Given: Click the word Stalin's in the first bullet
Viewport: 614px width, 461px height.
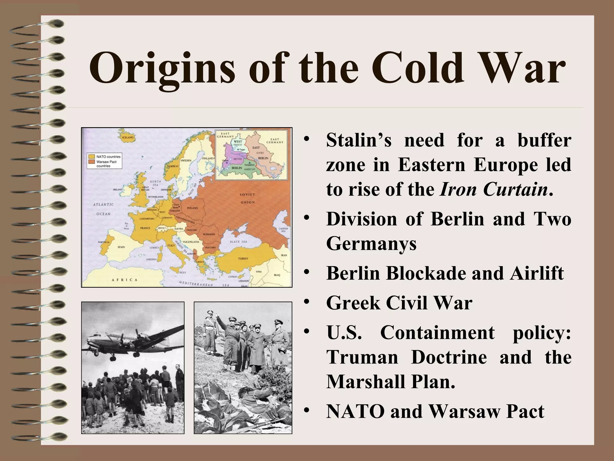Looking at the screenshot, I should click(359, 140).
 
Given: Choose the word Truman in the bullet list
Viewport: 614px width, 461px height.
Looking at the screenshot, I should click(362, 357).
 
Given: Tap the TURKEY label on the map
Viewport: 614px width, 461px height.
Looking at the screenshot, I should click(243, 258).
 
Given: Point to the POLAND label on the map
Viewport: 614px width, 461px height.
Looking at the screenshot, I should click(192, 208).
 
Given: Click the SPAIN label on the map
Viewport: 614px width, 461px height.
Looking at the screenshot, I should click(121, 247).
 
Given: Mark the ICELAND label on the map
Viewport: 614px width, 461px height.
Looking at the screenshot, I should click(128, 137).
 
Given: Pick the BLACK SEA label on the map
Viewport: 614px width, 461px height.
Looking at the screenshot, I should click(239, 242).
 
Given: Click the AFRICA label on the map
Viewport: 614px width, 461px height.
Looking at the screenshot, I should click(125, 280).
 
